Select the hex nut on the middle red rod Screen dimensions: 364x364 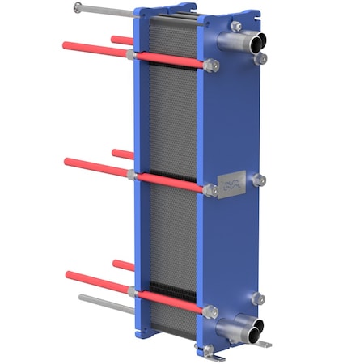[x=210, y=190]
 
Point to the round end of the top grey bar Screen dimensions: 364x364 [x=78, y=7]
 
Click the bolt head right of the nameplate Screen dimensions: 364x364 [x=259, y=180]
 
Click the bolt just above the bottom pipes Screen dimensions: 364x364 [x=258, y=298]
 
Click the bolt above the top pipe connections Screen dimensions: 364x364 [x=235, y=26]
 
